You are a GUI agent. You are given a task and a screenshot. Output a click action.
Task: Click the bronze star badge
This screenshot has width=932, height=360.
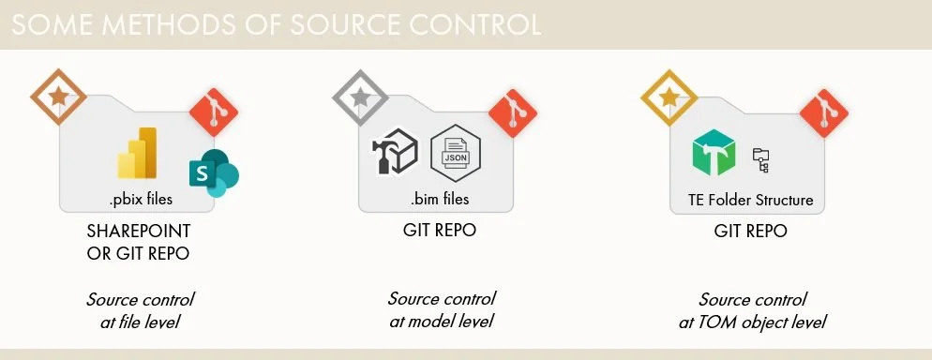point(57,96)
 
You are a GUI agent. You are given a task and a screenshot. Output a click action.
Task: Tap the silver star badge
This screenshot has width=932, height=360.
point(361,96)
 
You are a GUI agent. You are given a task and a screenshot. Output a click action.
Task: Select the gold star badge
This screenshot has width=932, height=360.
point(669,96)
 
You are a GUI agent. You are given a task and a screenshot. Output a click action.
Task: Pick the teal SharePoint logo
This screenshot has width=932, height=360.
point(213,172)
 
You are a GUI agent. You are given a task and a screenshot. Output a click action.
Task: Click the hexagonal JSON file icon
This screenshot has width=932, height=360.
point(455,152)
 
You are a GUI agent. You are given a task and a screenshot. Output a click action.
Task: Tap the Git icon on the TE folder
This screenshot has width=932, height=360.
point(824,113)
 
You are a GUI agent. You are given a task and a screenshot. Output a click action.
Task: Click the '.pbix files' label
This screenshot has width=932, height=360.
point(141,199)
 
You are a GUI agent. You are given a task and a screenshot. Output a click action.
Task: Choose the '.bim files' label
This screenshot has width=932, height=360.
point(440,199)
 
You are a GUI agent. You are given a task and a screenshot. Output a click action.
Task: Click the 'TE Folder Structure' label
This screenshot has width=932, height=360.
point(746,200)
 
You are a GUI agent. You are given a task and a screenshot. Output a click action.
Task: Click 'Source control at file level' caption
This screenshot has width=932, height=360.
point(141,311)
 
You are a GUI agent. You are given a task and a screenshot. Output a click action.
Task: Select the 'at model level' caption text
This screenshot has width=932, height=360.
point(441,322)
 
